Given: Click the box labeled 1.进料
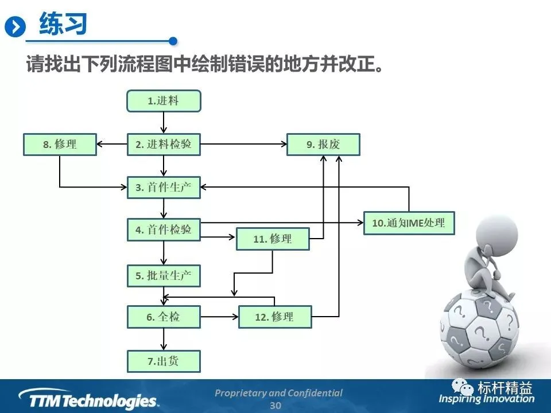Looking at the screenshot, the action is click(164, 101).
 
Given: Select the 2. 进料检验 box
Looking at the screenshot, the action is click(164, 145).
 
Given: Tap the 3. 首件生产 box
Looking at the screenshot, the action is click(164, 188).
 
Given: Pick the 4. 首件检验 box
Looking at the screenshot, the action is click(164, 230).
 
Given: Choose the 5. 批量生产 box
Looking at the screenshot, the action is click(164, 275).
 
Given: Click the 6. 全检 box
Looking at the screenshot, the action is click(164, 317).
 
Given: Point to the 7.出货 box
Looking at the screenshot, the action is click(164, 361).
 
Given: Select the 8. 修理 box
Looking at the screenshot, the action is click(59, 145).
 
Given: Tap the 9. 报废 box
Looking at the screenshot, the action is click(323, 145).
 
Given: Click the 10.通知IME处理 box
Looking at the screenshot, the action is click(409, 223).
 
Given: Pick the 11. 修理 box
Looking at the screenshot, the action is click(273, 239).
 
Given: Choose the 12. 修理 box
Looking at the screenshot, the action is click(274, 317).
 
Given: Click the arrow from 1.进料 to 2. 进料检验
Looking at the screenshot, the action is click(164, 122).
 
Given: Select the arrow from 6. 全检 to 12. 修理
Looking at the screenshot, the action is click(219, 317).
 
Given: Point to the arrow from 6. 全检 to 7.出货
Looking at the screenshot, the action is click(164, 339).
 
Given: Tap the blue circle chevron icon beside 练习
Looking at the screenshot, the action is click(15, 26).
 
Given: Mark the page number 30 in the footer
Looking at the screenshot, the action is click(275, 406).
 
